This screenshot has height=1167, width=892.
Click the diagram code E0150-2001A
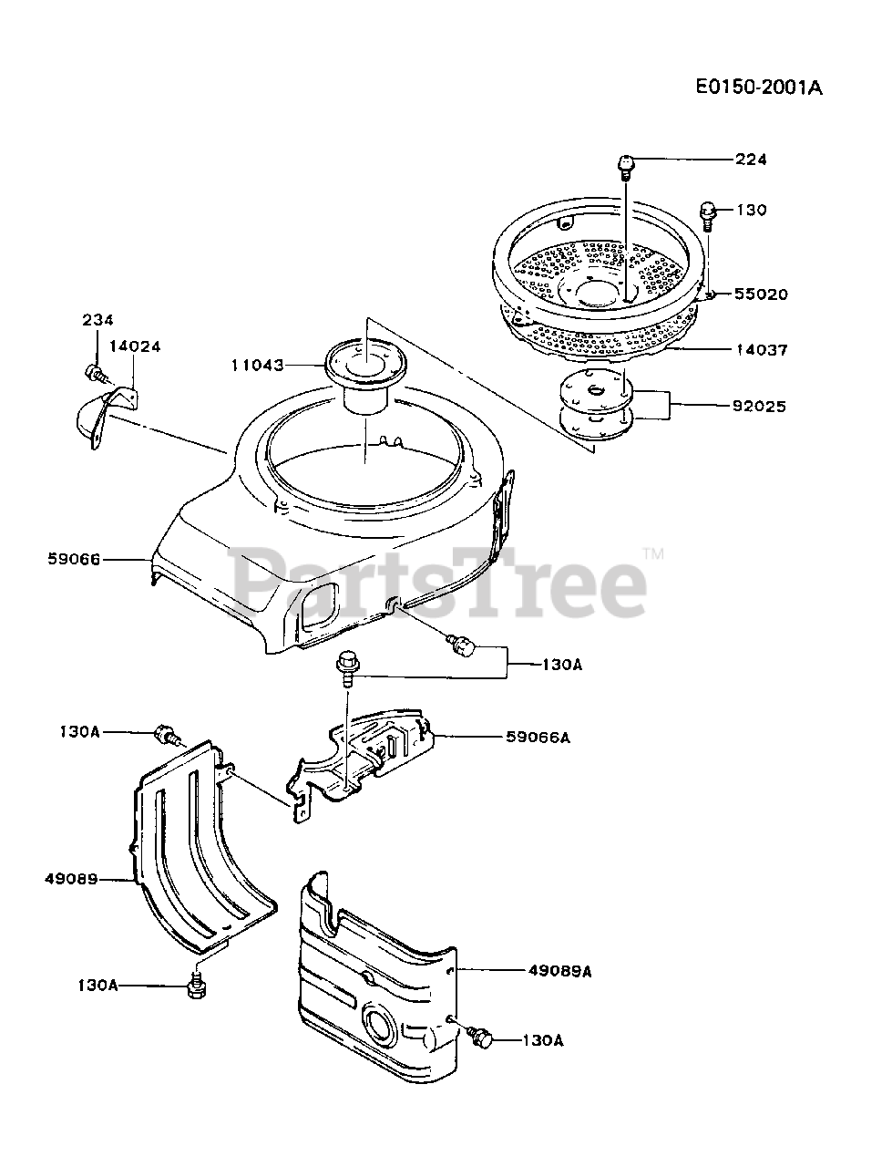pos(758,88)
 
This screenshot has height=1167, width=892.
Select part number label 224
pos(752,160)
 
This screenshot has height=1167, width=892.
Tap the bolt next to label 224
pos(625,165)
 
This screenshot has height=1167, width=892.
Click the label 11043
pos(258,365)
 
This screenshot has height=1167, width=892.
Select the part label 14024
pos(136,346)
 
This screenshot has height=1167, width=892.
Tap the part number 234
pos(97,319)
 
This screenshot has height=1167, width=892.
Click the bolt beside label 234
pos(94,373)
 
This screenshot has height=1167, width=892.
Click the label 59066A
pos(539,737)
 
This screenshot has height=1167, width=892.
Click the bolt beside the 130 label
pos(709,213)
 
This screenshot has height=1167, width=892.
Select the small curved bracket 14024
pos(96,418)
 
